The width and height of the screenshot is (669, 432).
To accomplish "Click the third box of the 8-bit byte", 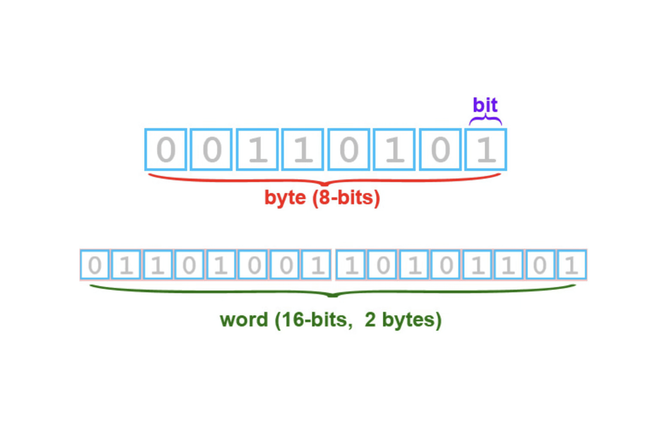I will [x=257, y=150].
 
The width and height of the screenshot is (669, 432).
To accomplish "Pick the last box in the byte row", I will [x=486, y=150].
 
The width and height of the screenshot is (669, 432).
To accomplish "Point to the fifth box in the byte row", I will [x=349, y=150].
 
